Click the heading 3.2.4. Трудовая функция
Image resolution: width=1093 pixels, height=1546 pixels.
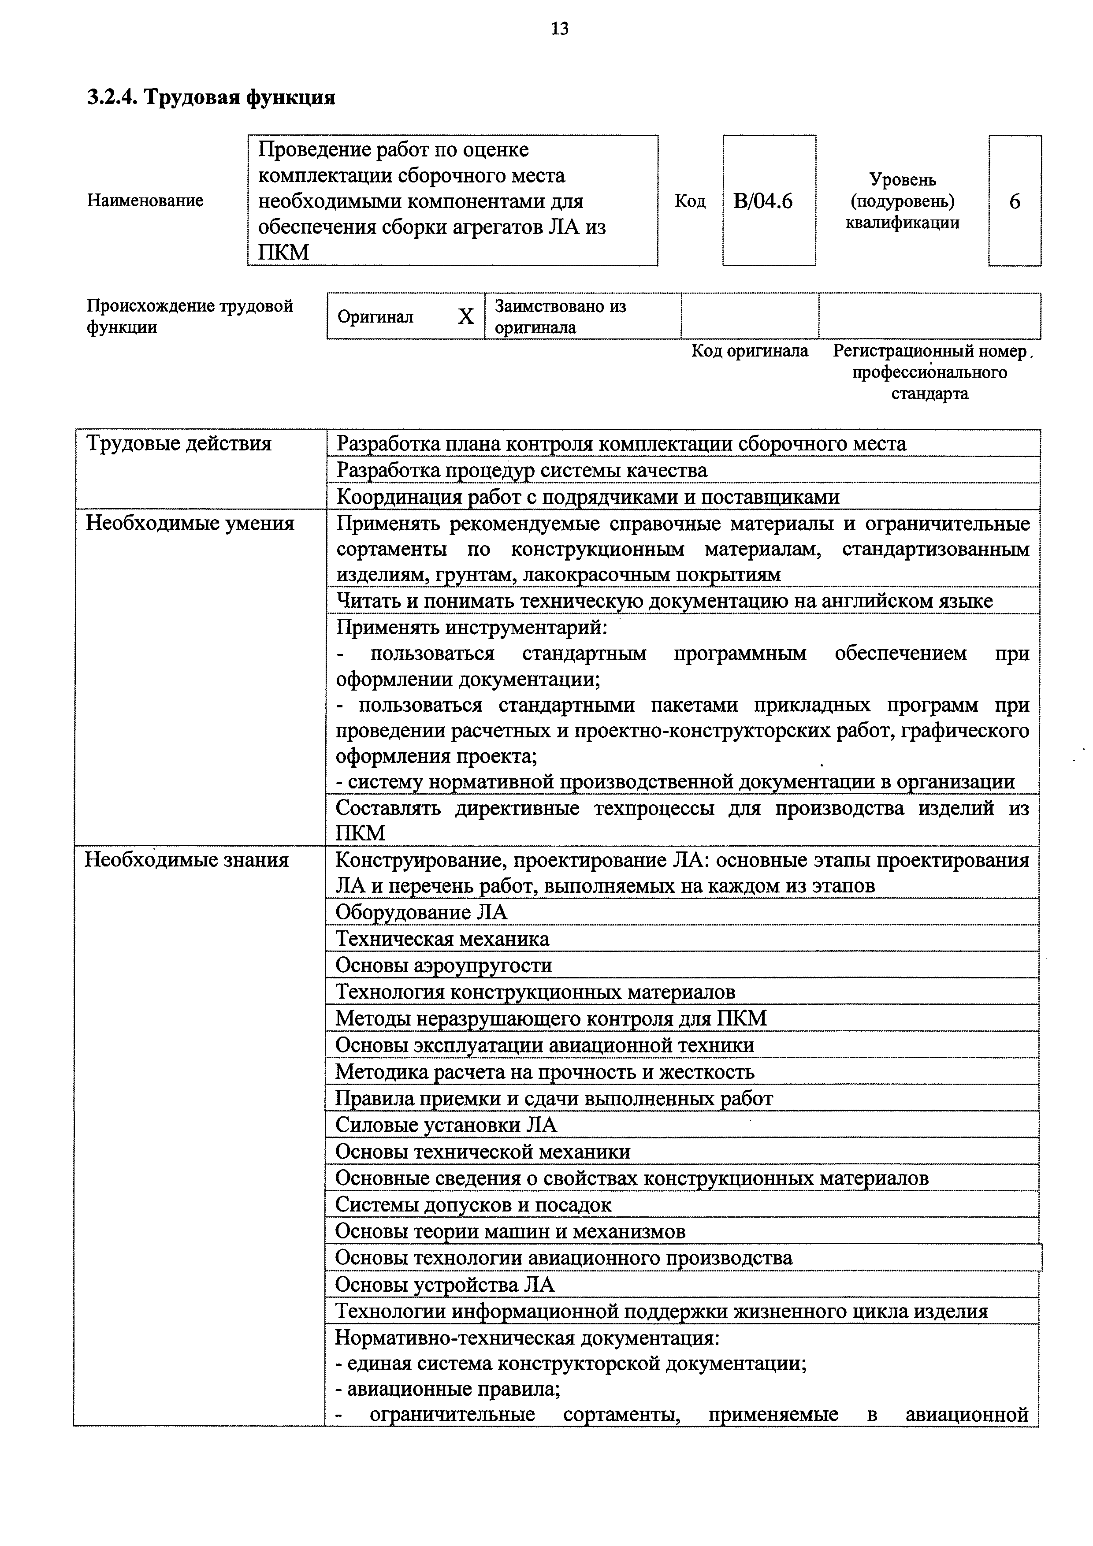211,98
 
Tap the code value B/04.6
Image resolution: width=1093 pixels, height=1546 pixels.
763,201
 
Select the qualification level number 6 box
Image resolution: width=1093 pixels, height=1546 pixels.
1014,201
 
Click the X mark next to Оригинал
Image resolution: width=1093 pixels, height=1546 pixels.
465,316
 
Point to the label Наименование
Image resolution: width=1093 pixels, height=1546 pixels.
145,201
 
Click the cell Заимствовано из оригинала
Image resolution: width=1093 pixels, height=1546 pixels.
560,316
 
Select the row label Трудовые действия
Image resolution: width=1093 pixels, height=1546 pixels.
178,444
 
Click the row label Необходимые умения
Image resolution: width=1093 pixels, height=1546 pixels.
190,524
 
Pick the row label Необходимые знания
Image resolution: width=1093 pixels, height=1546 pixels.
186,860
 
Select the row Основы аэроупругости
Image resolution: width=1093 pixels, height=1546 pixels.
443,966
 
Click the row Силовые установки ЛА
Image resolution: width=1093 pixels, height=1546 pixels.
446,1125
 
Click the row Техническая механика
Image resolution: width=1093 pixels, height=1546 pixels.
442,939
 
